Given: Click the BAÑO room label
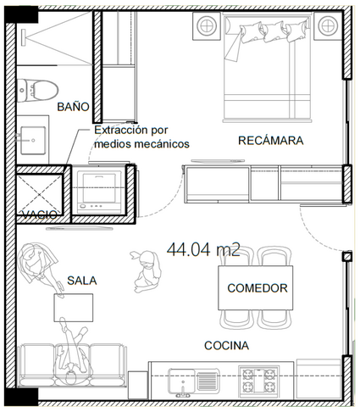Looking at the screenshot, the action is pos(73,107).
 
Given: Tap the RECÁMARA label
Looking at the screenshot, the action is pos(271,141).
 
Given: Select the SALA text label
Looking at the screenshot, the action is pos(82,281).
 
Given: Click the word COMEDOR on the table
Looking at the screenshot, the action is pos(258,288).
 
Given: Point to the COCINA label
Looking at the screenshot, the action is pos(226,345).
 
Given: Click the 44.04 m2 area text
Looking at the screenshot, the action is pos(203,249).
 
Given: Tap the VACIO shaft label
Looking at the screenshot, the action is pos(40,214).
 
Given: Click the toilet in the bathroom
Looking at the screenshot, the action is pos(36,90).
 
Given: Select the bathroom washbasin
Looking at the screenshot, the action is pos(33,140).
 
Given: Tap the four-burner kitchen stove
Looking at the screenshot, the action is pos(258,380).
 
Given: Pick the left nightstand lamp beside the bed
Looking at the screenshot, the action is pos(207,25).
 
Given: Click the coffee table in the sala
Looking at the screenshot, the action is pos(74,308).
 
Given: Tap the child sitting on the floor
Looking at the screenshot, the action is pos(146,271).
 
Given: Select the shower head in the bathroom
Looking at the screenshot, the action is pos(24,36).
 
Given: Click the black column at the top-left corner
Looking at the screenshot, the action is pos(21,15).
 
